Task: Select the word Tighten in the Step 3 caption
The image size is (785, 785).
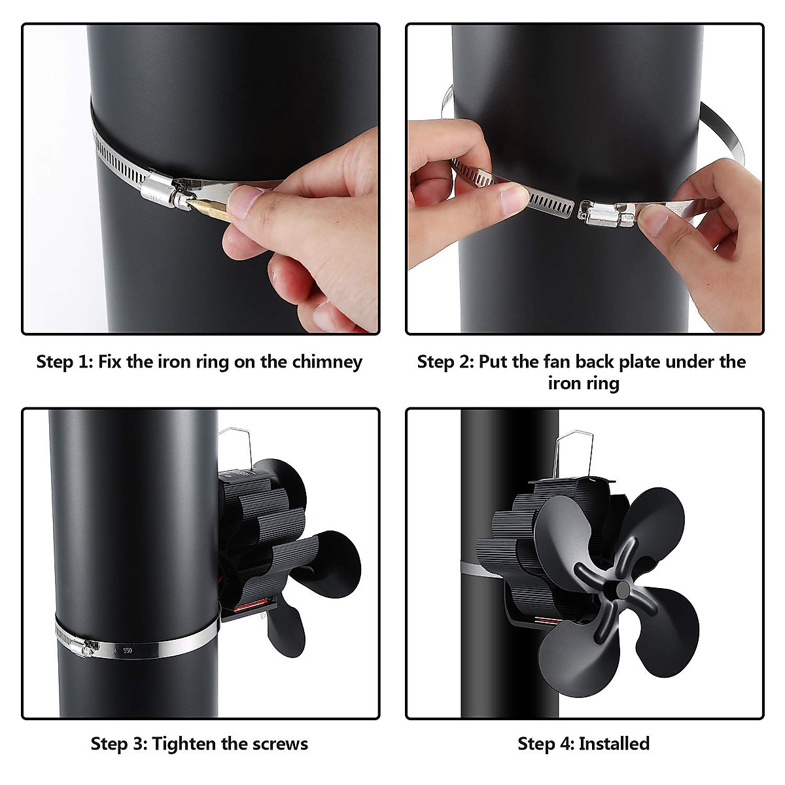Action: click(x=186, y=743)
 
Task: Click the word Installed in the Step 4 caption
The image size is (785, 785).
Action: click(x=614, y=743)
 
